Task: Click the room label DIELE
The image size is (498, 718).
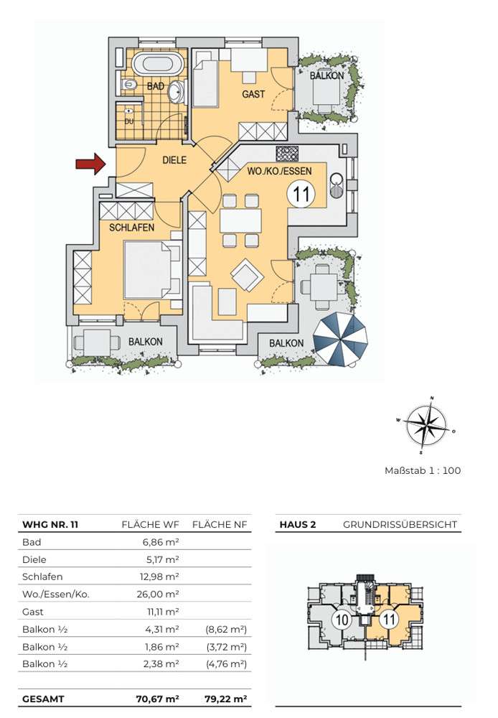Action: (x=174, y=160)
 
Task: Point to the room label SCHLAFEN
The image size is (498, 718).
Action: (x=132, y=228)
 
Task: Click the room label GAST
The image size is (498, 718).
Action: (x=253, y=94)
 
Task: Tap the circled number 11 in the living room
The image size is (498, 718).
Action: (x=301, y=194)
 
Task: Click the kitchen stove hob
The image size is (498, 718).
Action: (x=288, y=152)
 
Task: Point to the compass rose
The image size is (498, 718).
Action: (x=426, y=425)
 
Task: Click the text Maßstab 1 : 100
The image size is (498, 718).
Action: (x=423, y=471)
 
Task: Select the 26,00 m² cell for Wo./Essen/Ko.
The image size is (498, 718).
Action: (x=158, y=595)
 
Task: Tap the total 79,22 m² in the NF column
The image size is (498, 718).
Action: (x=225, y=699)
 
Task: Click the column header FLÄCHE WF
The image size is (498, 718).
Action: (x=150, y=525)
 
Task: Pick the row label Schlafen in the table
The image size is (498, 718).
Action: (x=42, y=577)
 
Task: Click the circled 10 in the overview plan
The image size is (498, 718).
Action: (x=342, y=621)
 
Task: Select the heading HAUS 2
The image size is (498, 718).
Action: (x=298, y=525)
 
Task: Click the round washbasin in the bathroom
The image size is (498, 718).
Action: (x=175, y=92)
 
